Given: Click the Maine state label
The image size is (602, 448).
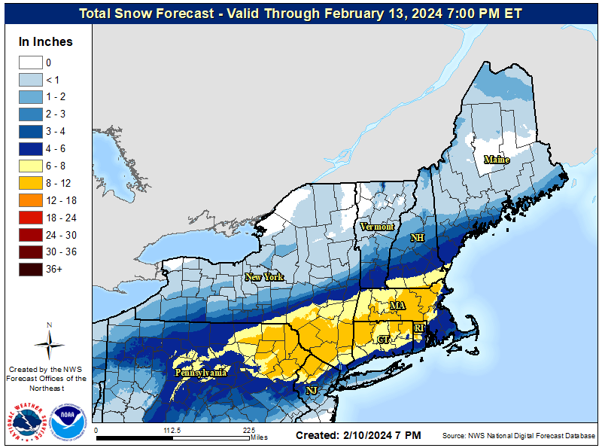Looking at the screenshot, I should click(497, 160).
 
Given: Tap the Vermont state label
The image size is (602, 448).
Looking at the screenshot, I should click(377, 227).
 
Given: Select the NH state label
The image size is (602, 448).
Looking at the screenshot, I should click(417, 238).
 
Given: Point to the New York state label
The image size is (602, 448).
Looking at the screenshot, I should click(264, 277).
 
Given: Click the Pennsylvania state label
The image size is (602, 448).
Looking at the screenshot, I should click(201, 373).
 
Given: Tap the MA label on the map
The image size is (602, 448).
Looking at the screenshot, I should click(397, 306).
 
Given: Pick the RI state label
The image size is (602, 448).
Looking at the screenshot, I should click(419, 328).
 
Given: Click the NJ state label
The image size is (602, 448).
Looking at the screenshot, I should click(311, 391).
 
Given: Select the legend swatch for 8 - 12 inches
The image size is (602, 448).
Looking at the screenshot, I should click(30, 183).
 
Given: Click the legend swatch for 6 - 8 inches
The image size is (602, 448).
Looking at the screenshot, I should click(30, 166).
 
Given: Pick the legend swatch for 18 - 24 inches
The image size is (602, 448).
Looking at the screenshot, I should click(30, 218).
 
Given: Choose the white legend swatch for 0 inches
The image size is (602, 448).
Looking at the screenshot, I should click(30, 62).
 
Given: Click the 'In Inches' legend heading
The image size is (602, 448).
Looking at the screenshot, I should click(46, 41).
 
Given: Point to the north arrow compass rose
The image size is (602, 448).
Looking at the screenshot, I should click(49, 343).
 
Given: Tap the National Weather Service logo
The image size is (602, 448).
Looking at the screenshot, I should click(29, 423).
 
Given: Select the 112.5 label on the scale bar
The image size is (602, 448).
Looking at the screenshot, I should click(173, 431).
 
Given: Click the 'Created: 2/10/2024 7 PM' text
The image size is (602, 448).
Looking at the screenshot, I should click(358, 436).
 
